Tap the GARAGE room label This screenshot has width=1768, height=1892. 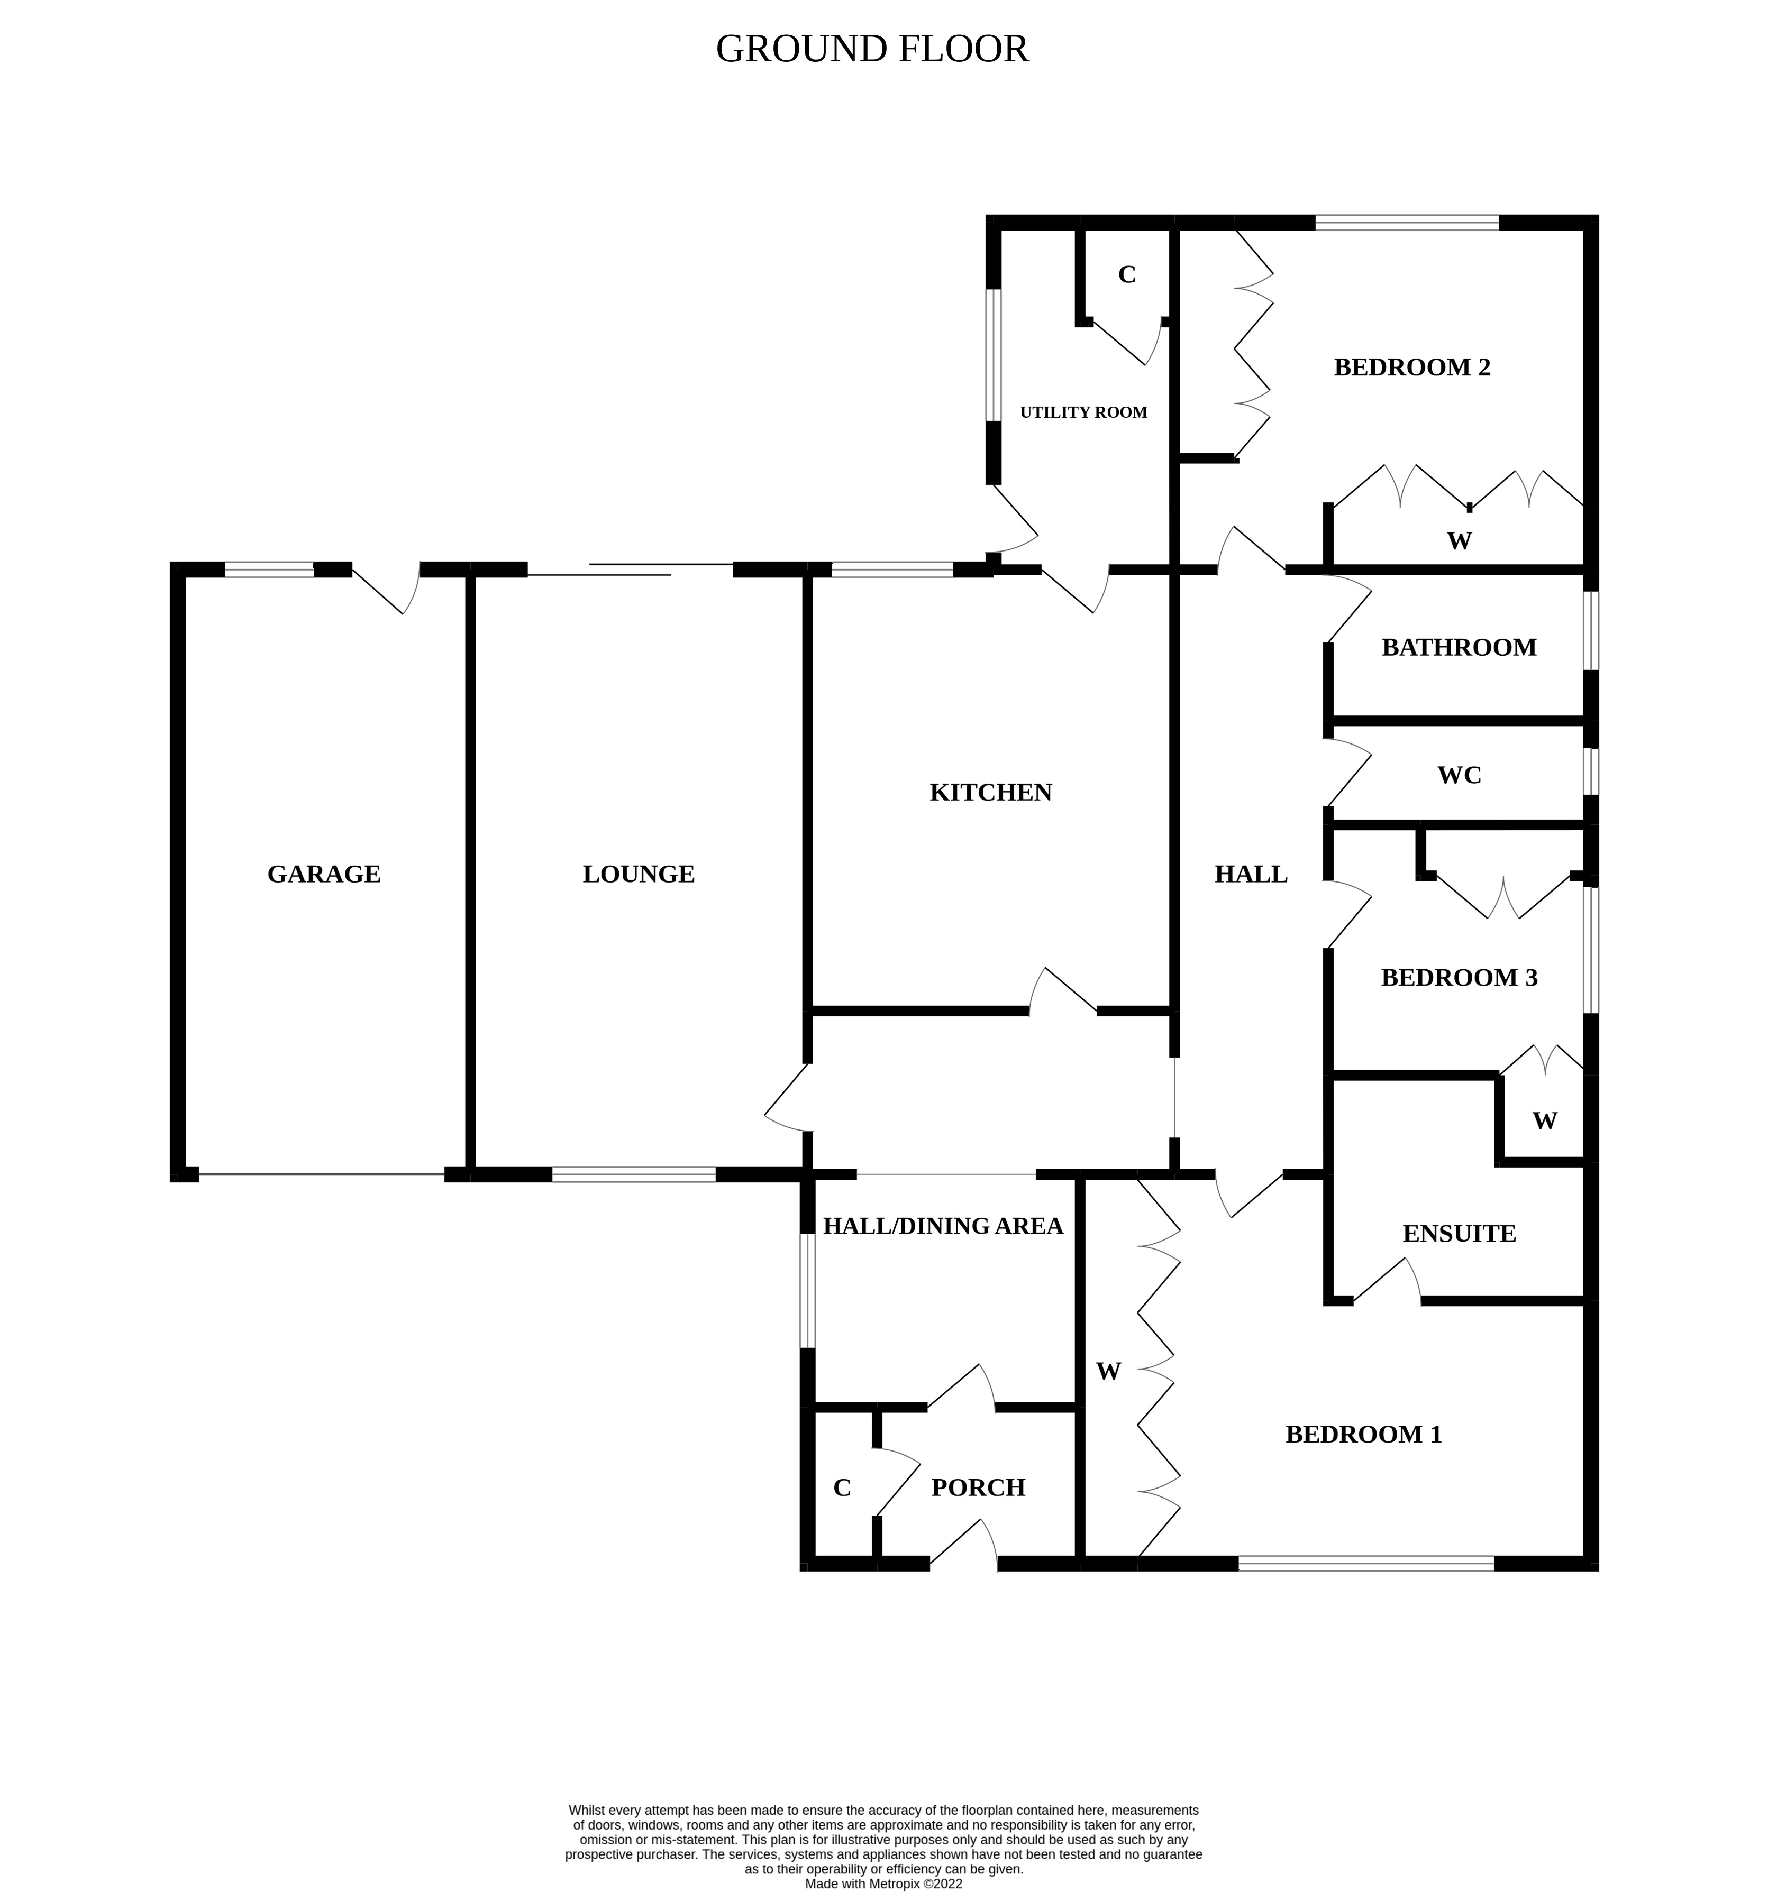(x=324, y=874)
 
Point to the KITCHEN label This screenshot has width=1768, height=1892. (x=990, y=792)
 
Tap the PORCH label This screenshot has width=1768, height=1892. (x=978, y=1487)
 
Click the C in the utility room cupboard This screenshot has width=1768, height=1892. (x=1126, y=275)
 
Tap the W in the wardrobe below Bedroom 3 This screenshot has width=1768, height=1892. (x=1544, y=1121)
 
